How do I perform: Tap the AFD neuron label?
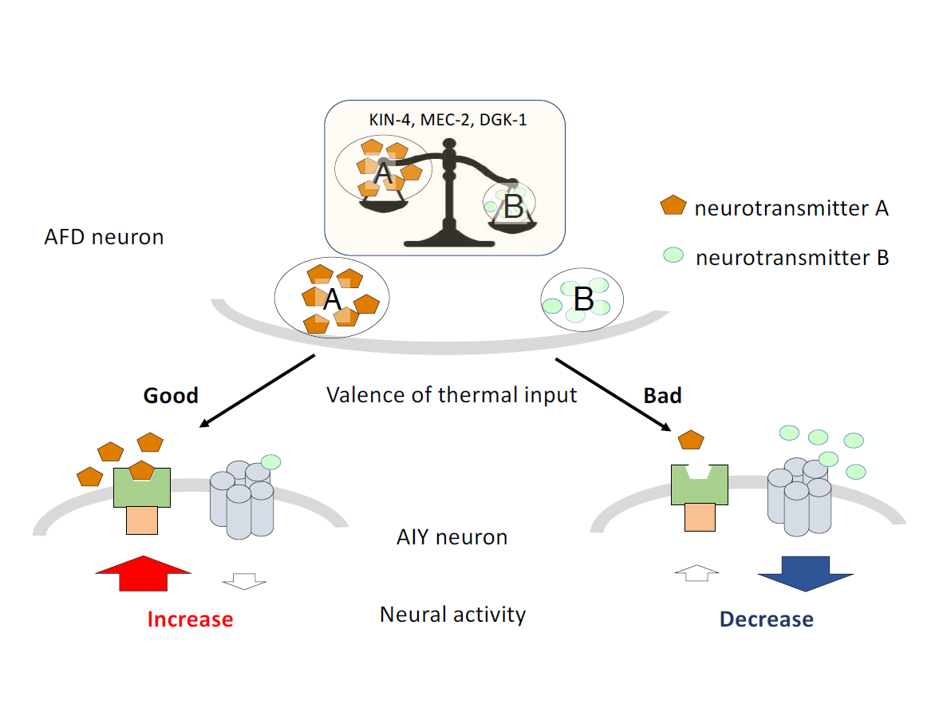point(105,237)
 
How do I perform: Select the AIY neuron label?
point(452,537)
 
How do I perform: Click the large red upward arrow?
point(143,574)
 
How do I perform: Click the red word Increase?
point(190,619)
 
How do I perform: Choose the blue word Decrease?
point(766,619)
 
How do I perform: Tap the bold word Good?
point(171,395)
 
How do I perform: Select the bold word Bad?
point(662,395)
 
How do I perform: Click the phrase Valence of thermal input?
point(452,394)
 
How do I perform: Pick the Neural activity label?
point(452,615)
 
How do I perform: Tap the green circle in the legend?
point(673,255)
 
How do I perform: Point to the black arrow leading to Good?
point(256,391)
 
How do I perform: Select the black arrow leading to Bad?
point(612,394)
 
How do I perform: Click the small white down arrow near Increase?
point(243,579)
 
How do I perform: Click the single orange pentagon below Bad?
point(691,439)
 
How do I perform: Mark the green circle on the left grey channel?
point(270,461)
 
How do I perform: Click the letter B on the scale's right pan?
point(514,208)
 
